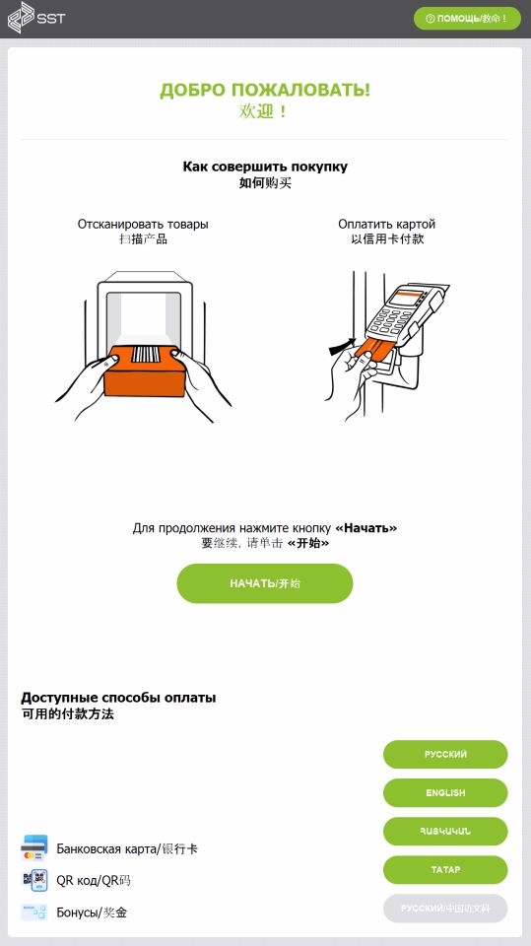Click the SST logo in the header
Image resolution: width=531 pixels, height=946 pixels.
tap(35, 18)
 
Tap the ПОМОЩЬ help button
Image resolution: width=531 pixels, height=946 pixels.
tap(467, 19)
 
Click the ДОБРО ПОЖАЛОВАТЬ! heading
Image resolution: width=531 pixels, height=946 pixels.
tap(265, 91)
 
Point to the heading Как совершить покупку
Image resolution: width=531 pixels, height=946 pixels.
tap(265, 166)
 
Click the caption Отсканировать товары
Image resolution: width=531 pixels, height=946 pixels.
tap(143, 225)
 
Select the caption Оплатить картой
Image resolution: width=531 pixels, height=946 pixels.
tap(387, 225)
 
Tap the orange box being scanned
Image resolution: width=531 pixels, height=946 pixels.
tap(144, 372)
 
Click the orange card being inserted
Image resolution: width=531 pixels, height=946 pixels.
tap(371, 348)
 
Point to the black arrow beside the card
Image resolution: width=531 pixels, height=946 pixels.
tap(342, 346)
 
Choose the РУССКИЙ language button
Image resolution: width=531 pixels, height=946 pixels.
tap(445, 754)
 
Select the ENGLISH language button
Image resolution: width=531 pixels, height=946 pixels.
tap(445, 792)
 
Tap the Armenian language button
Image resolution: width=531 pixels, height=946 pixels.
tap(445, 832)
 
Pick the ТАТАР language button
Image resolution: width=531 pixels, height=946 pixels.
tap(445, 870)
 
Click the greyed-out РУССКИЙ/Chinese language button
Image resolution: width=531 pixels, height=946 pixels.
tap(445, 909)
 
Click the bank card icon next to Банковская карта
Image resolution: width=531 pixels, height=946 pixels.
tap(34, 847)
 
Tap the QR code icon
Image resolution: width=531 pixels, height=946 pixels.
tap(34, 880)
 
